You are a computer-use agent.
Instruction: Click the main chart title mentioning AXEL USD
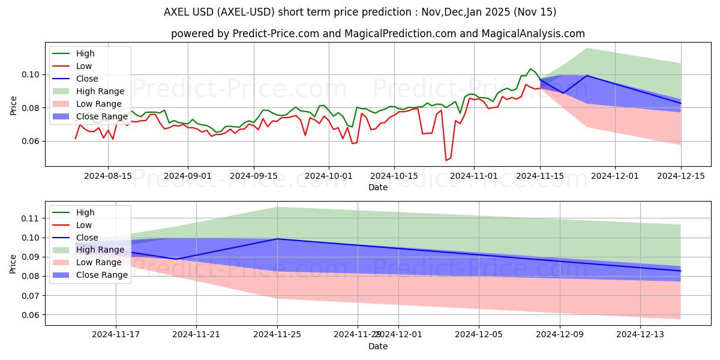pos(360,12)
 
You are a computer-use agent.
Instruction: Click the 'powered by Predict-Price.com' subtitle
pos(378,34)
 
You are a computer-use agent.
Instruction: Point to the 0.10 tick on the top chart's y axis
pos(31,74)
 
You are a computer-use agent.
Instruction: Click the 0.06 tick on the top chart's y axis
pos(31,142)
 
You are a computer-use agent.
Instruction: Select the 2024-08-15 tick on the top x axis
pos(108,176)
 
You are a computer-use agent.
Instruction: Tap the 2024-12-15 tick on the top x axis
pos(681,176)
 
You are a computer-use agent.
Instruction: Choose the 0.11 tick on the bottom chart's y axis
pos(31,218)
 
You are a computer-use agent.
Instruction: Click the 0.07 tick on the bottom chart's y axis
pos(31,296)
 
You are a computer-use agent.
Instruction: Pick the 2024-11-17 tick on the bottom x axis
pos(116,335)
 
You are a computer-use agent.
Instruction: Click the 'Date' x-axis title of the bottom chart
pos(378,346)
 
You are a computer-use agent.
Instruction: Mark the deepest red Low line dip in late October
pos(446,160)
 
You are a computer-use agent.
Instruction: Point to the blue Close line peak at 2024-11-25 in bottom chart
pos(277,239)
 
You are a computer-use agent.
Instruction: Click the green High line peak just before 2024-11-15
pos(530,69)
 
